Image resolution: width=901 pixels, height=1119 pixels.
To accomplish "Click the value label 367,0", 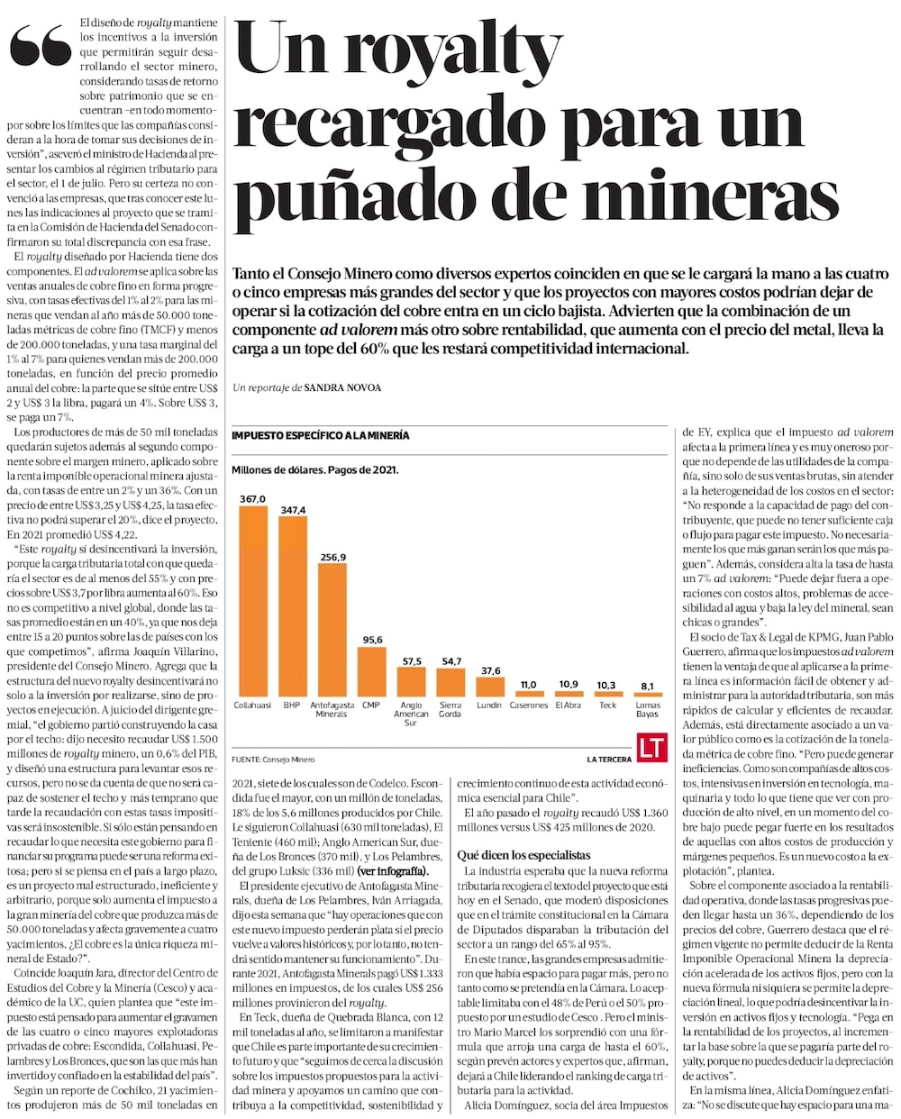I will coord(252,498).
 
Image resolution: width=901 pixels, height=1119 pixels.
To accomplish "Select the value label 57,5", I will coord(411,660).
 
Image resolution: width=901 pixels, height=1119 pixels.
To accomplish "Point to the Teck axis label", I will coord(608,705).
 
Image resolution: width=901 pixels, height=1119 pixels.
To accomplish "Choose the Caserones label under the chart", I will coord(529,705).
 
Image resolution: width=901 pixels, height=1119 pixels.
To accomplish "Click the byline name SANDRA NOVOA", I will coord(343,387).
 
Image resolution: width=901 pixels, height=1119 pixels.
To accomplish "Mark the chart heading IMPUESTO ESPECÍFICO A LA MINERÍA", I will coord(320,435).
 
